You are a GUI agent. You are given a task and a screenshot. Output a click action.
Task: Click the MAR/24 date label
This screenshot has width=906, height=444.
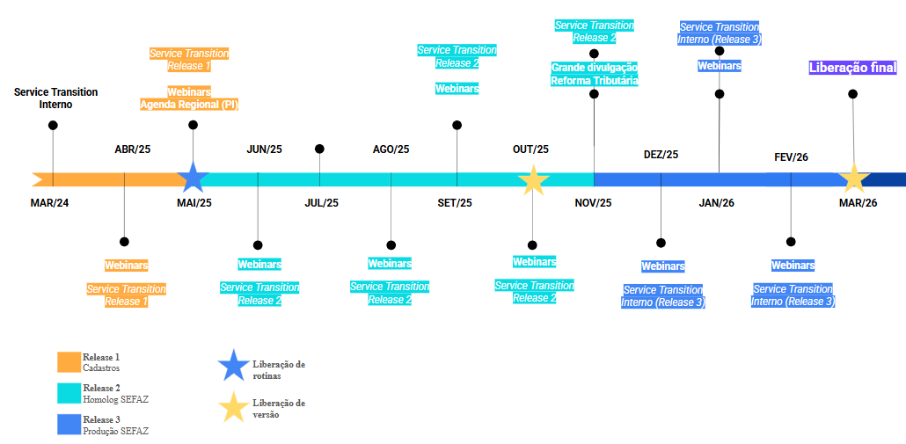click(49, 203)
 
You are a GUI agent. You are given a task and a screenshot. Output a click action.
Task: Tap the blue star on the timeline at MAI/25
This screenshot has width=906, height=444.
click(193, 178)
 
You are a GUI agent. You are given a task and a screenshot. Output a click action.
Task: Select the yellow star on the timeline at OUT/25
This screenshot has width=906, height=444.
click(532, 179)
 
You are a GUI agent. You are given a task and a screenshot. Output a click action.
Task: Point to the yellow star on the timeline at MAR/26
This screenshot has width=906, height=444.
click(852, 178)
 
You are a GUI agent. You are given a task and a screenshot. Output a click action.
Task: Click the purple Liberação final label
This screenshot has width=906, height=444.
click(852, 68)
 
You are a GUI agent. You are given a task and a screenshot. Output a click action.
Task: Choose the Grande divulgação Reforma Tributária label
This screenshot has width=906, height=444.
click(595, 74)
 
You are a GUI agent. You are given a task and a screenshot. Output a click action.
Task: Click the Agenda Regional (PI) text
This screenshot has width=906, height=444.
click(189, 105)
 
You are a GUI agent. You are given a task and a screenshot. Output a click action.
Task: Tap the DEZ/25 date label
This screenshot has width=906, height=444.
click(661, 155)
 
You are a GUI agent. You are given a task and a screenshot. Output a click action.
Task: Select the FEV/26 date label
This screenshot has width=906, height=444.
click(791, 157)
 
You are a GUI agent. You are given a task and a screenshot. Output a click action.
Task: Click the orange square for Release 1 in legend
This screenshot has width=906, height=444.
click(69, 362)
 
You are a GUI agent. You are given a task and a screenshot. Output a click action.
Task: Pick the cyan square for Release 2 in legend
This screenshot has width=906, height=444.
click(69, 393)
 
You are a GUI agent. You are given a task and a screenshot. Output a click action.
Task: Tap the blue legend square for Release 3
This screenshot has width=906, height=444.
click(69, 424)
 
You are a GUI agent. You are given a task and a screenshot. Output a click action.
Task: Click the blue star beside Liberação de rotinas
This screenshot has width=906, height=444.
click(233, 366)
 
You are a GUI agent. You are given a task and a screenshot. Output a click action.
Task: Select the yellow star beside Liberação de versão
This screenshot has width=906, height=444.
click(233, 407)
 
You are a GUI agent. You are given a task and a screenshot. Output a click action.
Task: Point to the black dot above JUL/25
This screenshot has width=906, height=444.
click(319, 149)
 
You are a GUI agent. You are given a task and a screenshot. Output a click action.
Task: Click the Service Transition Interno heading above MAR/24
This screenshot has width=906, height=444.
click(55, 98)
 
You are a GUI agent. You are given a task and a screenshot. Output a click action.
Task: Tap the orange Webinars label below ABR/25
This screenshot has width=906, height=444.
click(127, 265)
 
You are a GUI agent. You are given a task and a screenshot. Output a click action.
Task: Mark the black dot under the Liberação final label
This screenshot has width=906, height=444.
click(852, 94)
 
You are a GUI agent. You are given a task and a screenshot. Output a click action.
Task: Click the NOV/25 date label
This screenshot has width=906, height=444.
click(594, 203)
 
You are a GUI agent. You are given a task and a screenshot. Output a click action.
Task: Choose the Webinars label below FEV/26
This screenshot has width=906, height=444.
click(793, 266)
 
